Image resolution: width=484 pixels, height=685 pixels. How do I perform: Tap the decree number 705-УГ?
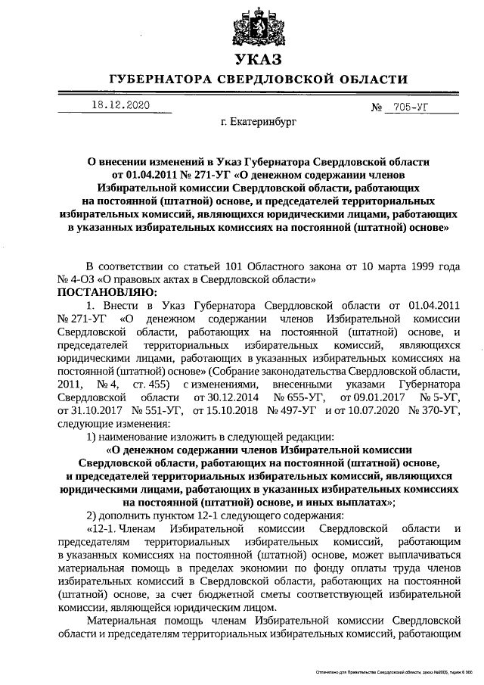[408, 107]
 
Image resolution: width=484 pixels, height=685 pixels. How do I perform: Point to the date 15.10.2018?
[223, 409]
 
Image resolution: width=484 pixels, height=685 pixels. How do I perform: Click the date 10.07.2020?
[368, 409]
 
